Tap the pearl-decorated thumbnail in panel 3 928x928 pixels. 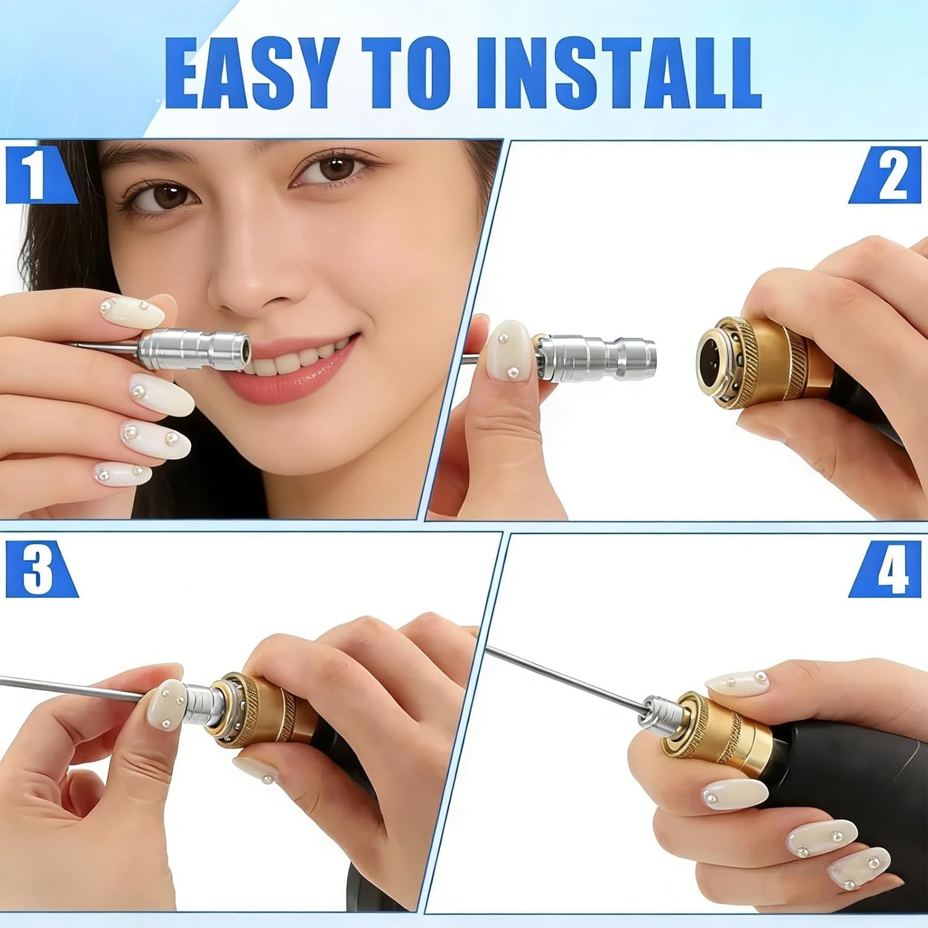pyautogui.click(x=165, y=705)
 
